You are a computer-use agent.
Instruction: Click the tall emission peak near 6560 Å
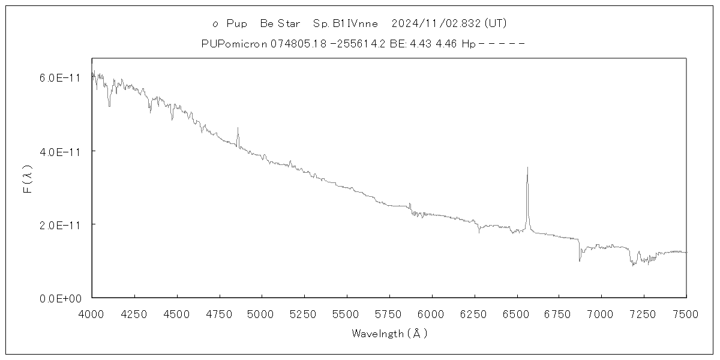point(527,169)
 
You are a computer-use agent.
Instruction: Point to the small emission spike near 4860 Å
point(238,128)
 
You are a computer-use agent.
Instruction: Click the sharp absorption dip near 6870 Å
point(580,260)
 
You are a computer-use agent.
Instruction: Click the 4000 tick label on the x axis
point(92,314)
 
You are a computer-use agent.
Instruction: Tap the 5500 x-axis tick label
point(347,314)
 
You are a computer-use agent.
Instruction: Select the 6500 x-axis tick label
point(517,314)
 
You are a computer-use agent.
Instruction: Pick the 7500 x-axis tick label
point(686,314)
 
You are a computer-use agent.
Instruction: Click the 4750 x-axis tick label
point(219,314)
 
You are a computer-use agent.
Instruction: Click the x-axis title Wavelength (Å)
point(389,334)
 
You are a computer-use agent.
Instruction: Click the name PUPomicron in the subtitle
point(235,44)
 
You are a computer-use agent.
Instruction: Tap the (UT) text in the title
point(496,24)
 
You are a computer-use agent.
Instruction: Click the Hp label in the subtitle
point(469,44)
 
